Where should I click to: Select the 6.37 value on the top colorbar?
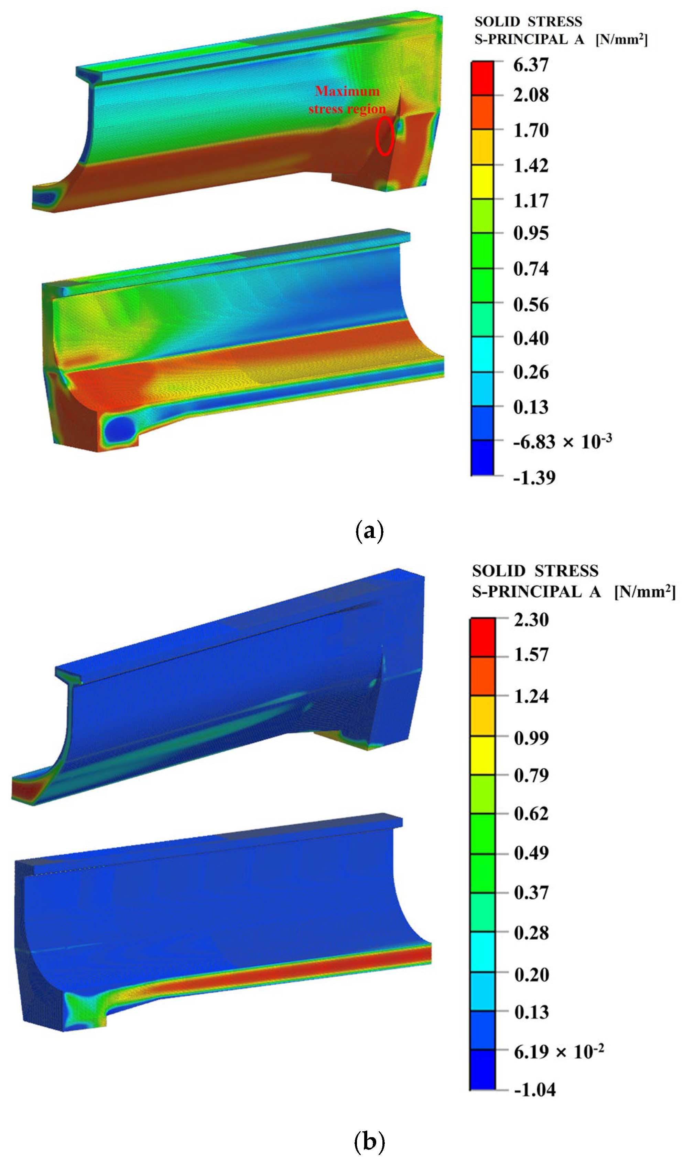point(531,65)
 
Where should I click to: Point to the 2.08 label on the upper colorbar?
point(531,95)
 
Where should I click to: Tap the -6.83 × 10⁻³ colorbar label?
point(562,442)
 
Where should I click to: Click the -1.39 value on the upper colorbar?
point(534,477)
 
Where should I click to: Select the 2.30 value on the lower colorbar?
point(531,620)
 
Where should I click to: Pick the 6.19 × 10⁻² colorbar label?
point(559,1052)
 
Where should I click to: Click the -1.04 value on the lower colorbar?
point(534,1090)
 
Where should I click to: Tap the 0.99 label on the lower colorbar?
point(531,738)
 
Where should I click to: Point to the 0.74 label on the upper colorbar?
point(531,269)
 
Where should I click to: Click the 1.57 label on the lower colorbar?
point(531,655)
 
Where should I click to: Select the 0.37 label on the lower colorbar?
point(531,892)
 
